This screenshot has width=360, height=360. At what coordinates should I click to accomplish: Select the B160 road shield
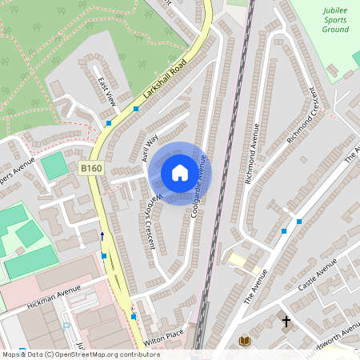(x=91, y=170)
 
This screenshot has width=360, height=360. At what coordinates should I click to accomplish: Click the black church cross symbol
(x=286, y=322)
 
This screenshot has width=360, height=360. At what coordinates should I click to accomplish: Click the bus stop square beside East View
(x=109, y=123)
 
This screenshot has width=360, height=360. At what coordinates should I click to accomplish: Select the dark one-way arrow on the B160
(x=102, y=236)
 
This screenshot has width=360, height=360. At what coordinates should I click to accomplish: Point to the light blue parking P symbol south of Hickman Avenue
(x=66, y=326)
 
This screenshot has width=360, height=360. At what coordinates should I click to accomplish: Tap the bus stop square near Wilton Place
(x=134, y=317)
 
